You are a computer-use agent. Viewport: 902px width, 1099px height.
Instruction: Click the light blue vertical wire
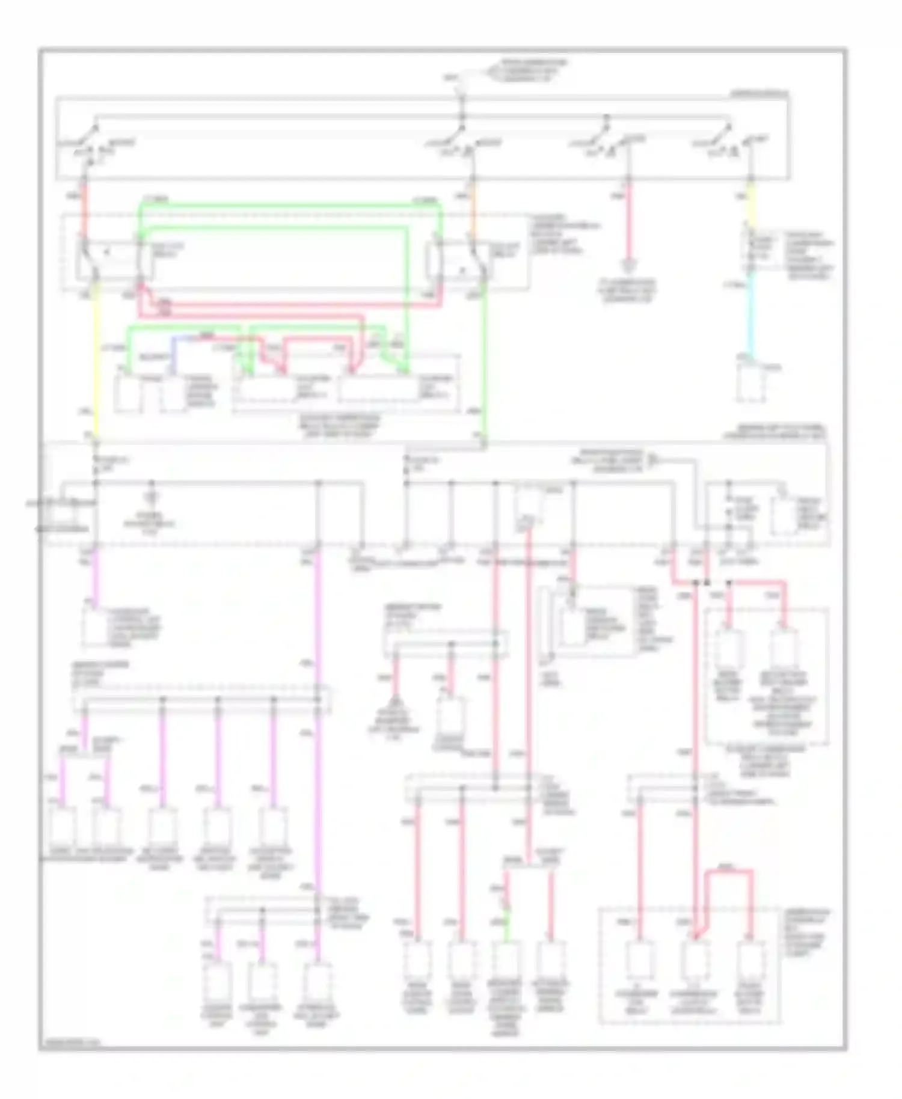750,319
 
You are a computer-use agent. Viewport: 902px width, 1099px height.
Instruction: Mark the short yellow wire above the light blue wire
750,207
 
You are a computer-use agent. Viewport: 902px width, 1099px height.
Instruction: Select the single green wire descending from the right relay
484,361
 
